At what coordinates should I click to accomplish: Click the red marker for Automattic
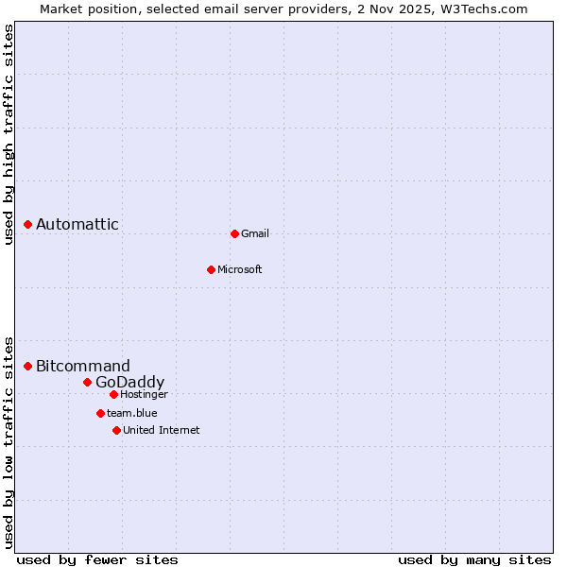pos(28,224)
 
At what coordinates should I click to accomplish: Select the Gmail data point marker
pos(234,233)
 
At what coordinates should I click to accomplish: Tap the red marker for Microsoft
pos(211,269)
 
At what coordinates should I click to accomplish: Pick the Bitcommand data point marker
pos(28,366)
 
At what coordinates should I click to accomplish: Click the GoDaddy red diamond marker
pos(87,382)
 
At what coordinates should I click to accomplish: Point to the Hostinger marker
pos(113,394)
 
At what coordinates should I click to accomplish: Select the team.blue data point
pos(100,413)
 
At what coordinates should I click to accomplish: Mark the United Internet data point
pos(116,430)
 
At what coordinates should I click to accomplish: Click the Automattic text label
pos(77,224)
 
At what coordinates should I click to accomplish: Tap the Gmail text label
pos(255,233)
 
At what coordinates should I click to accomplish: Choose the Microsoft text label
pos(240,269)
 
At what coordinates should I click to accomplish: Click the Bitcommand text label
pos(83,366)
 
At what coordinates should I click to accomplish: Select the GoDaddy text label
pos(130,382)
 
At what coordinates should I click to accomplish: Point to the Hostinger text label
pos(144,394)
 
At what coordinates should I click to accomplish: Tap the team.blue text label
pos(132,413)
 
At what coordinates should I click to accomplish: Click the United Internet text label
pos(162,430)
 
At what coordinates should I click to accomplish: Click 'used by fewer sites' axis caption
pos(97,559)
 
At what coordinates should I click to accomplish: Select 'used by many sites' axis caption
pos(474,559)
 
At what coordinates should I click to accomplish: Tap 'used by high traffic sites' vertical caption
pos(9,134)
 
